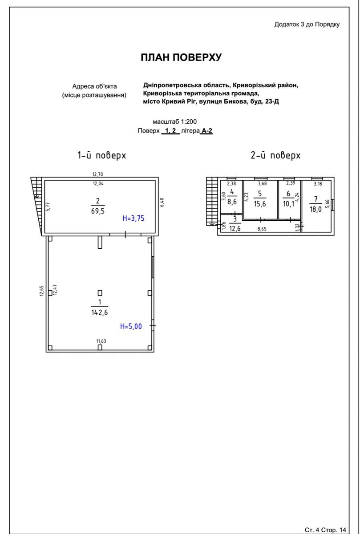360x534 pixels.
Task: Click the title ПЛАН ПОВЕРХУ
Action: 181,57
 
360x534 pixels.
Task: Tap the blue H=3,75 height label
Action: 133,218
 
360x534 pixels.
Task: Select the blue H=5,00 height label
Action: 131,326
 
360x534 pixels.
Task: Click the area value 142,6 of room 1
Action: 99,312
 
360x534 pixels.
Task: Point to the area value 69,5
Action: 98,211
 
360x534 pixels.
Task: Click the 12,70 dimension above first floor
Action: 98,174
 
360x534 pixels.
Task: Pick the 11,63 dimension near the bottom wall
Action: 101,341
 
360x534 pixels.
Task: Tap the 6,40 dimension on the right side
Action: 162,202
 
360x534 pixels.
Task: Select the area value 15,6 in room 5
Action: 260,204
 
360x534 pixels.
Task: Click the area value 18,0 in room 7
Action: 316,209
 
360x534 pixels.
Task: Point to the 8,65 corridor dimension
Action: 262,229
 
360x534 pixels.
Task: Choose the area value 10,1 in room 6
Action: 288,204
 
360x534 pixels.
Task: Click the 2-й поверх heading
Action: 275,155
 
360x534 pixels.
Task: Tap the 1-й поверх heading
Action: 101,155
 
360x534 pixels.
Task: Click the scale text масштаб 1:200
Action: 175,121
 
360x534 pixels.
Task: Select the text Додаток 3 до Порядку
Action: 307,24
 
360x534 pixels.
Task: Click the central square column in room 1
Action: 100,293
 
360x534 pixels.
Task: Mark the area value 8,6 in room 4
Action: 232,202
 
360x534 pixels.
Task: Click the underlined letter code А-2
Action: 207,131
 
